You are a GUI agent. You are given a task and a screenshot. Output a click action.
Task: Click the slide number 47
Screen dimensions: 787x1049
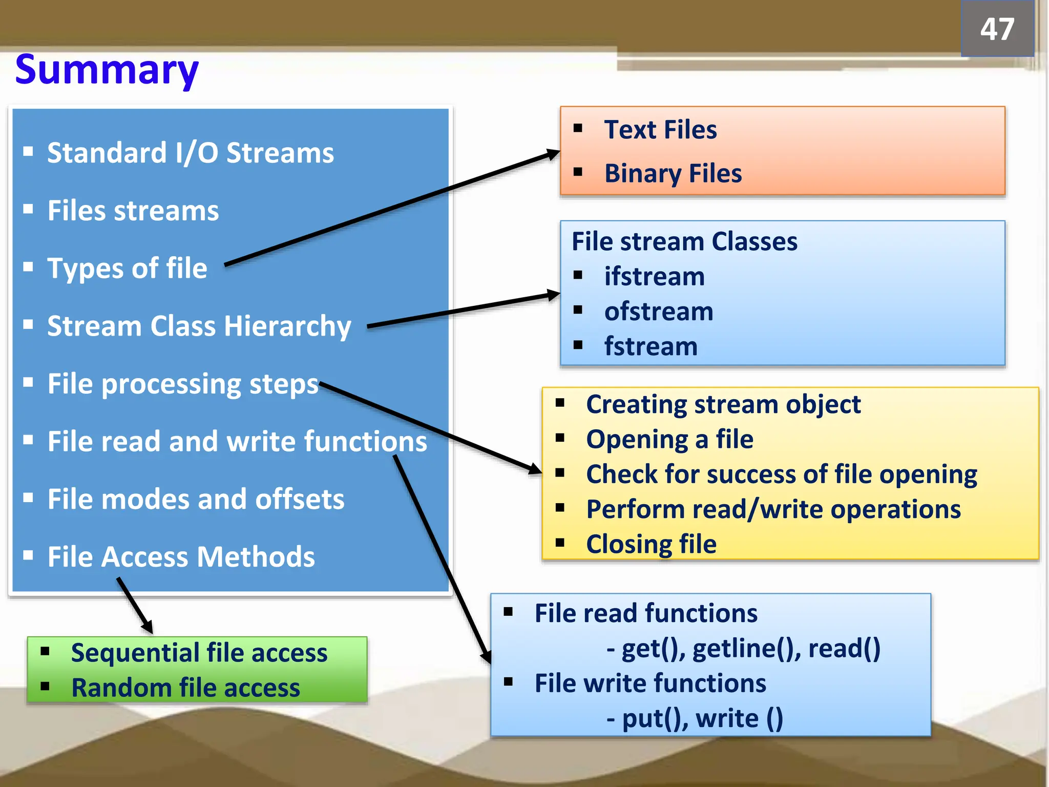point(997,29)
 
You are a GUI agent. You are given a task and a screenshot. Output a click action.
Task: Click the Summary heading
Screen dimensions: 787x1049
point(107,70)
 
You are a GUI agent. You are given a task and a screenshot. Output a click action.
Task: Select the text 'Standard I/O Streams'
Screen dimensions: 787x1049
point(190,153)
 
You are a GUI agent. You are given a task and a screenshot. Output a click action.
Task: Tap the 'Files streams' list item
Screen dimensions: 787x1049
point(133,211)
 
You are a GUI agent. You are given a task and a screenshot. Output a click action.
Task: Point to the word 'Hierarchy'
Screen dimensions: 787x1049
point(287,326)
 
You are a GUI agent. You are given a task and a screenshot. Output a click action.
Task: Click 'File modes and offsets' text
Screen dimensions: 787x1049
point(196,500)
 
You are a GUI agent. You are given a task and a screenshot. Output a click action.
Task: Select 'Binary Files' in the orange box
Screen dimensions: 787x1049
point(673,174)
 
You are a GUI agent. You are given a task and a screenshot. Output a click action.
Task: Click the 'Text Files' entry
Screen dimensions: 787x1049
point(660,130)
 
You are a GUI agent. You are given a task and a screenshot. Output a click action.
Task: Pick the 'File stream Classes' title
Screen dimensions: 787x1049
point(684,241)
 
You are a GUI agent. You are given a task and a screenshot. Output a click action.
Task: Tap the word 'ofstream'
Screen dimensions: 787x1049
point(659,312)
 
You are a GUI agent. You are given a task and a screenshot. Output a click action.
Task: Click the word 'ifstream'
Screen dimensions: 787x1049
point(654,277)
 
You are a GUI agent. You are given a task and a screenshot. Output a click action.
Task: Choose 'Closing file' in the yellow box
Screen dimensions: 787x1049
point(651,544)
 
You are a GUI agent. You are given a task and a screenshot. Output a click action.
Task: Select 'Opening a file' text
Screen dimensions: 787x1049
point(669,440)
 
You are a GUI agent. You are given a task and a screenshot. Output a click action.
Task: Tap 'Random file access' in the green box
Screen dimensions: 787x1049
point(185,688)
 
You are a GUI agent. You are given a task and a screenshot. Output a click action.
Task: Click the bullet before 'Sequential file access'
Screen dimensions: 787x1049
point(45,652)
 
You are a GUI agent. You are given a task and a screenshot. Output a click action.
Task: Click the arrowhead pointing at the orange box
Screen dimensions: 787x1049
point(553,154)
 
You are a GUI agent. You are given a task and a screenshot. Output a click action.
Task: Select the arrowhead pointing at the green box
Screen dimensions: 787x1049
point(148,627)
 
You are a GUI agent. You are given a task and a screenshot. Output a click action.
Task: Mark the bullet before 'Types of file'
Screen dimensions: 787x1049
point(28,267)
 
